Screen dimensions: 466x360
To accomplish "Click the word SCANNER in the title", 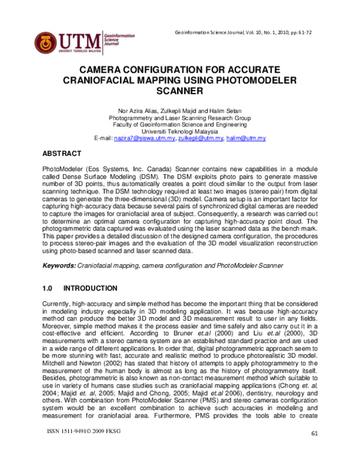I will (x=180, y=92).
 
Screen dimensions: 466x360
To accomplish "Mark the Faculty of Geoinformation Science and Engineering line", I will (x=180, y=124).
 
